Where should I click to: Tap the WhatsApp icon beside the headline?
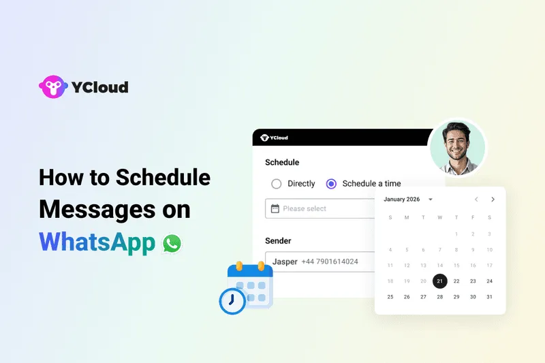172,243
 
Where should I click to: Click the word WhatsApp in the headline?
97,242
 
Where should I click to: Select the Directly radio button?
276,183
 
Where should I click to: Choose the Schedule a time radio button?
332,183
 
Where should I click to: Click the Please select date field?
320,208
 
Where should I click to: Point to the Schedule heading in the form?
282,163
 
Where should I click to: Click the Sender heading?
278,240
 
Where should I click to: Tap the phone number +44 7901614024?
330,262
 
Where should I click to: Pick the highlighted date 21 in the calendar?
440,281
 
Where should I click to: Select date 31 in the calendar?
489,297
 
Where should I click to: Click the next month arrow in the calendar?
493,200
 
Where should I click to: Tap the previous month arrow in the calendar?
476,200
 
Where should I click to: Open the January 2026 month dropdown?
409,200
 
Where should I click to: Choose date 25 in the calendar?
390,297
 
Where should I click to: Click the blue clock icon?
232,300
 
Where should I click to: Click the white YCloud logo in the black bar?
275,138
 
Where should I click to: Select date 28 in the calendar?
440,297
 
